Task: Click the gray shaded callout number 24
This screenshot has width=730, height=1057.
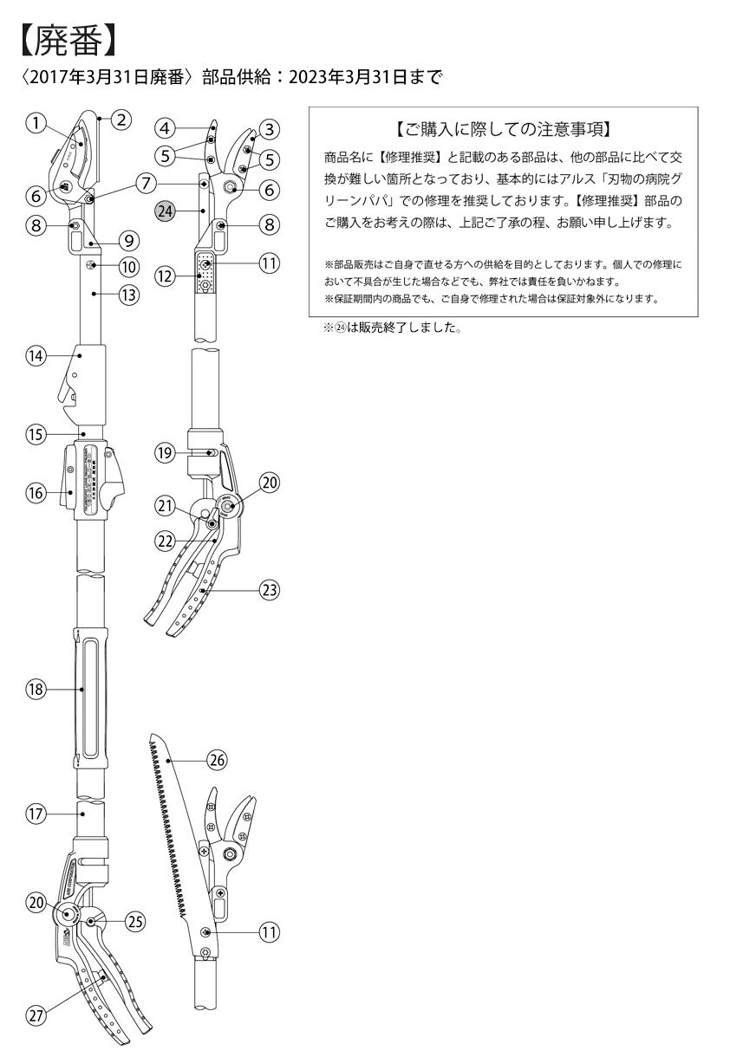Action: (165, 210)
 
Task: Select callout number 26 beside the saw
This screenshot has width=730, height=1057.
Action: (216, 760)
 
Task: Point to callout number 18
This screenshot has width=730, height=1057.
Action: (35, 690)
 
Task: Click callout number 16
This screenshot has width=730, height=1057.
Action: (35, 491)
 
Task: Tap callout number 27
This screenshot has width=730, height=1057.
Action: (35, 1016)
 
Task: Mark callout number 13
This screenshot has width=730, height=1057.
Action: (129, 295)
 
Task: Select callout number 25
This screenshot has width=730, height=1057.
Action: (134, 922)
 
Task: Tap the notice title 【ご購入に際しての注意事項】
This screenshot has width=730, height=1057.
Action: (503, 131)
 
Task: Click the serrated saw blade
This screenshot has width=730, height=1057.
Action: (173, 832)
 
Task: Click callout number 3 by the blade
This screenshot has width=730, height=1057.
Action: (269, 129)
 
